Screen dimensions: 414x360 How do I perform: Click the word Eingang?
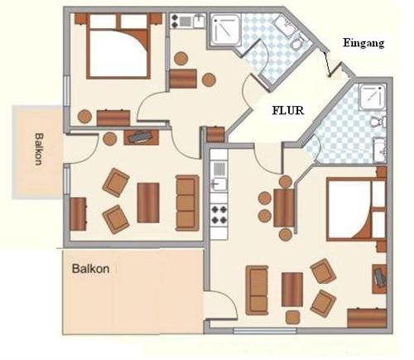(x=363, y=43)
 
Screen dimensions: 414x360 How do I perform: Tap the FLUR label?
(x=288, y=111)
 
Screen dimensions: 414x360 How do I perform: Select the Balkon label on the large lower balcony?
(x=90, y=268)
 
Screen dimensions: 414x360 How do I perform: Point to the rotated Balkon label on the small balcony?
(x=39, y=149)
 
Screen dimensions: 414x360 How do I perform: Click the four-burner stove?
(x=219, y=214)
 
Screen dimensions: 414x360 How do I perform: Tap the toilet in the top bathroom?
(x=297, y=43)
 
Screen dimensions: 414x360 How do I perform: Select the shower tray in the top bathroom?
(x=226, y=30)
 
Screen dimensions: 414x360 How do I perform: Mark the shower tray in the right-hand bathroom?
(x=372, y=96)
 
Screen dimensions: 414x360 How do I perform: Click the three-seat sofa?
(x=187, y=203)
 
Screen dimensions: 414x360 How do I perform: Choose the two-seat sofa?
(x=257, y=290)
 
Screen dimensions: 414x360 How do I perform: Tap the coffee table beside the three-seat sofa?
(x=148, y=203)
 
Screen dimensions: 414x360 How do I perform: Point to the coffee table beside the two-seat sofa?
(x=292, y=290)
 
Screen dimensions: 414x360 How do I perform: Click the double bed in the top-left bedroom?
(x=118, y=46)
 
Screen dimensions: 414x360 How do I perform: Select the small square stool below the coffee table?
(x=293, y=317)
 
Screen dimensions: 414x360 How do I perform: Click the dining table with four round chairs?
(x=284, y=208)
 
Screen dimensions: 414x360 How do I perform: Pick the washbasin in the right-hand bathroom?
(x=380, y=150)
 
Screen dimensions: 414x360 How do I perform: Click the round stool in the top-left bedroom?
(x=84, y=117)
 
